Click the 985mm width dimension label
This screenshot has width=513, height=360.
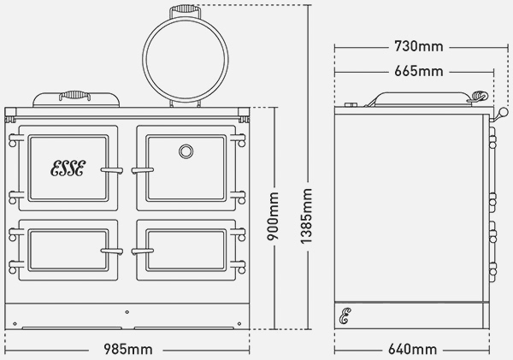[128, 349]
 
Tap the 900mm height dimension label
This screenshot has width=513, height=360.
[273, 216]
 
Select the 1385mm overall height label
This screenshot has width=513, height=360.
[306, 216]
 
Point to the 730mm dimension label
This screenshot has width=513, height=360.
[418, 46]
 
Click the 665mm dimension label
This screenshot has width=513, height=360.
[418, 71]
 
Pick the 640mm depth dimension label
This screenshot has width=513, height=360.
[412, 349]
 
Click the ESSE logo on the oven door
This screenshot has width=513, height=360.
[68, 168]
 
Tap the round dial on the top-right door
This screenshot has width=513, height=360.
[186, 151]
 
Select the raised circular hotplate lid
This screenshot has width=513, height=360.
[186, 60]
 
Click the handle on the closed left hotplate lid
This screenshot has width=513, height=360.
[75, 96]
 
